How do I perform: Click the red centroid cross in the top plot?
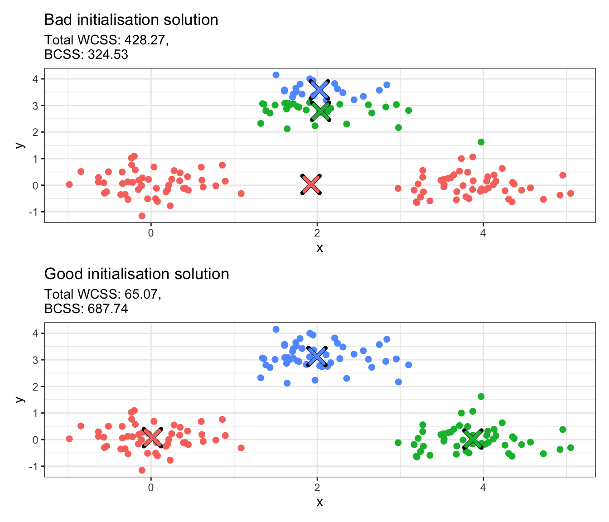pyautogui.click(x=311, y=184)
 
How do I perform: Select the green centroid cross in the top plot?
pyautogui.click(x=320, y=111)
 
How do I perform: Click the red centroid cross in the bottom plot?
pyautogui.click(x=152, y=438)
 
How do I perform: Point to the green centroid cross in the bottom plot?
pyautogui.click(x=473, y=439)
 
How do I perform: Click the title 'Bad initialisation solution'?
pyautogui.click(x=131, y=20)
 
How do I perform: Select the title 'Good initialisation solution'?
pyautogui.click(x=136, y=274)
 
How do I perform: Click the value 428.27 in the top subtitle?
pyautogui.click(x=146, y=40)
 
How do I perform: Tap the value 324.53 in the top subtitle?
pyautogui.click(x=106, y=55)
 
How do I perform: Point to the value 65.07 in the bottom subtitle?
pyautogui.click(x=142, y=295)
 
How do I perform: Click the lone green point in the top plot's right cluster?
pyautogui.click(x=481, y=142)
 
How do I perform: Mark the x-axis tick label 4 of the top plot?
pyautogui.click(x=483, y=233)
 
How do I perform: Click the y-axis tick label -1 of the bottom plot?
pyautogui.click(x=34, y=466)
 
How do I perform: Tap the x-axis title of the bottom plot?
pyautogui.click(x=319, y=502)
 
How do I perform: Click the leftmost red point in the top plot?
pyautogui.click(x=69, y=184)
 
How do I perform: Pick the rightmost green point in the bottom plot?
pyautogui.click(x=570, y=448)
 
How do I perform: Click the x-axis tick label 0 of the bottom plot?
pyautogui.click(x=151, y=488)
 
